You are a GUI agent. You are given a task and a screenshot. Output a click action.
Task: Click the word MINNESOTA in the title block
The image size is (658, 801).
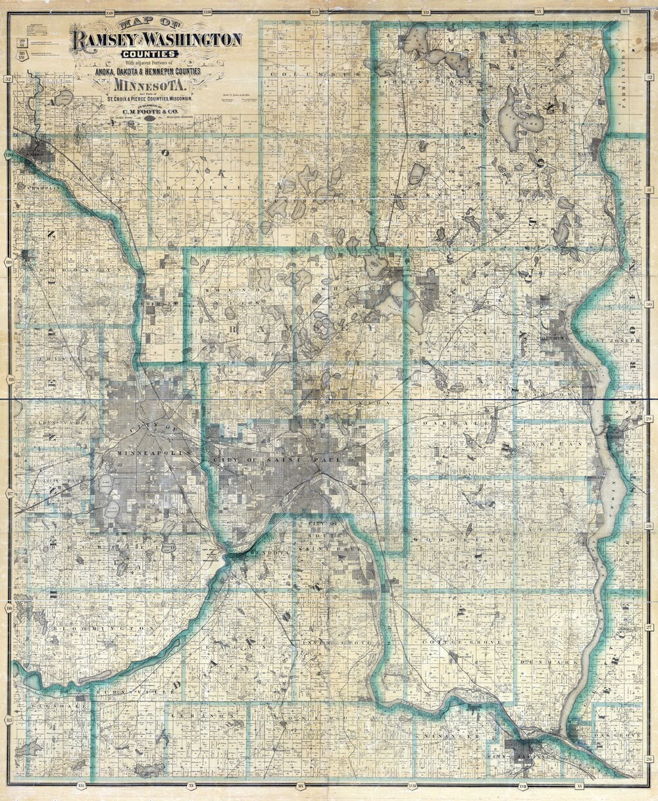point(151,85)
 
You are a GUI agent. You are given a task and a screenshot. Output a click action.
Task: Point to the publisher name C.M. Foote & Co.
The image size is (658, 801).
point(151,111)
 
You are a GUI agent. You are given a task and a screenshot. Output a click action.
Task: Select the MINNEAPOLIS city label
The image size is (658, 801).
point(153,453)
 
